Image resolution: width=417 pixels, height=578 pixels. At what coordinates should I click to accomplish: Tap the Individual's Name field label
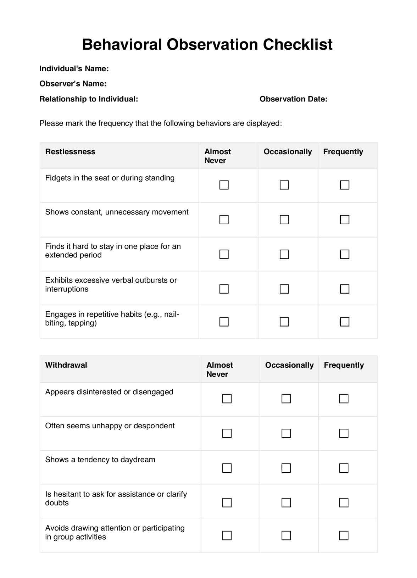(74, 69)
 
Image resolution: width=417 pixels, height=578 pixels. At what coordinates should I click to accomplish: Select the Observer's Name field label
(73, 84)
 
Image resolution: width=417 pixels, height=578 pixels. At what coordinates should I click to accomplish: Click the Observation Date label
(293, 99)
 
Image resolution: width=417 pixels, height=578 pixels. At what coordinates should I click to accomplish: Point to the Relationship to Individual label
(89, 99)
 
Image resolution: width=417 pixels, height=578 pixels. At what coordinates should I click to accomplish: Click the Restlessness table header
(70, 152)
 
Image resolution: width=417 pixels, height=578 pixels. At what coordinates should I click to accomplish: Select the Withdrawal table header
(66, 365)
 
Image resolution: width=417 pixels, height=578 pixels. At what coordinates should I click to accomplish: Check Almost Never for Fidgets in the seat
(224, 185)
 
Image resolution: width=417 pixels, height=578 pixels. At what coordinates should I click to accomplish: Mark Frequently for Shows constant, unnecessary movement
(345, 220)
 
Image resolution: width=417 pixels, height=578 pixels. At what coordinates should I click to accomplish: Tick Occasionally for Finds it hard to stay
(284, 254)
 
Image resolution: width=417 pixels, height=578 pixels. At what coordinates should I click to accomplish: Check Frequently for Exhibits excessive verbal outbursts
(345, 289)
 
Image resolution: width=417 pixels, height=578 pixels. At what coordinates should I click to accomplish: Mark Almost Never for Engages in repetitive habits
(224, 322)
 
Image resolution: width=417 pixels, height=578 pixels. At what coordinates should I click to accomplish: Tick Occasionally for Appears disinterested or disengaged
(286, 399)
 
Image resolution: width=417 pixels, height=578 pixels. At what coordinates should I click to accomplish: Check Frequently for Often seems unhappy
(344, 433)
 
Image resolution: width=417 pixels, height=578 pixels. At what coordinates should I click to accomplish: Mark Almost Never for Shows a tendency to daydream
(227, 468)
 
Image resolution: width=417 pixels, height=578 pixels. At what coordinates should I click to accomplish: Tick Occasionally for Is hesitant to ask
(286, 502)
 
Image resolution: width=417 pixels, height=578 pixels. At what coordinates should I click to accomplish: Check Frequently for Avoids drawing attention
(344, 535)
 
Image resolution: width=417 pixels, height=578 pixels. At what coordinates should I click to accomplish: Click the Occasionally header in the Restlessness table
(288, 152)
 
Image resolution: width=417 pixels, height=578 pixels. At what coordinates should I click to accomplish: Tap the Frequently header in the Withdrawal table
(344, 365)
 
